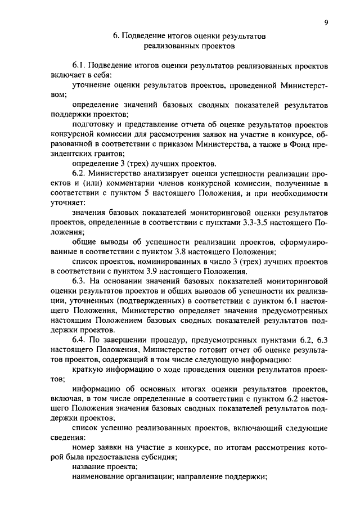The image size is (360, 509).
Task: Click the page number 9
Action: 326,22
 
